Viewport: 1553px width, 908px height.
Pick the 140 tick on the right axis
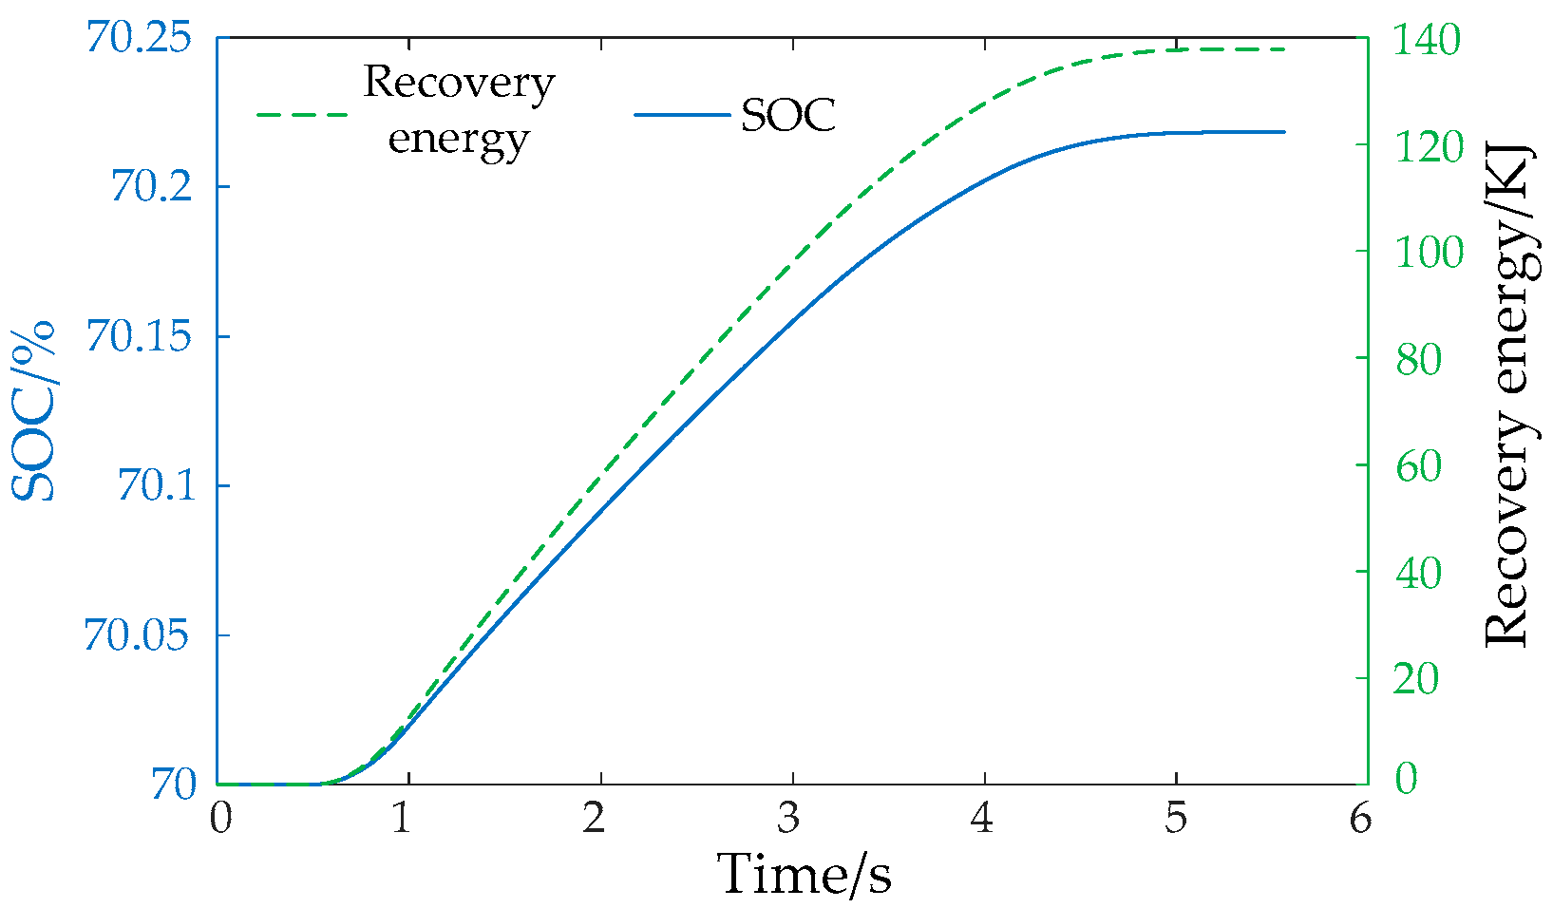[x=1427, y=40]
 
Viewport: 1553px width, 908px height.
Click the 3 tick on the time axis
[x=789, y=818]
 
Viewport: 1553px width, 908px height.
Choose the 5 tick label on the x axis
[x=1175, y=818]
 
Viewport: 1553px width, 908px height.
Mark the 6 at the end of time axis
[x=1360, y=818]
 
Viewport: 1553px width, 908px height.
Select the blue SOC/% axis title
[x=34, y=411]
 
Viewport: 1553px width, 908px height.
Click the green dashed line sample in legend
[x=302, y=114]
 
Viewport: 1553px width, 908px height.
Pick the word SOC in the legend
[x=787, y=116]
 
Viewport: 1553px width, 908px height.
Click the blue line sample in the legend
[x=681, y=115]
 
